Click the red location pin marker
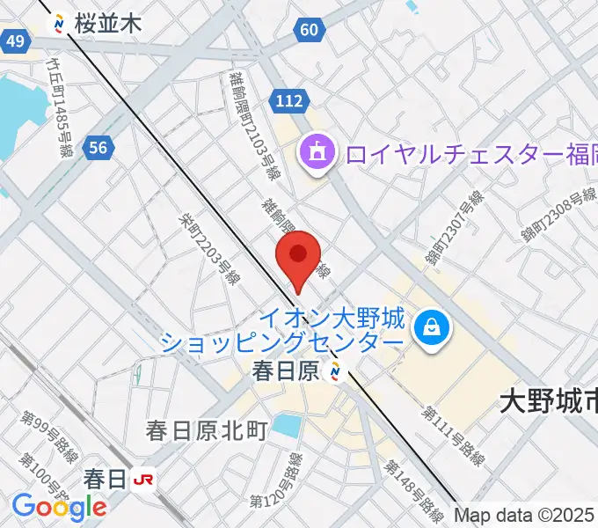(x=297, y=258)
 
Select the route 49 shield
(x=15, y=40)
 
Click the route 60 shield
(x=308, y=31)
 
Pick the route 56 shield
(x=98, y=148)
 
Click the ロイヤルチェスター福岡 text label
(x=471, y=155)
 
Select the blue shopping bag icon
(x=433, y=328)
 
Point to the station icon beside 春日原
(x=334, y=373)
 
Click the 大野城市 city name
(x=547, y=401)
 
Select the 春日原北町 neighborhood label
(x=207, y=431)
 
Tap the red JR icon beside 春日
(x=142, y=480)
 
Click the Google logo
(x=59, y=506)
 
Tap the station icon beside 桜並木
(x=59, y=24)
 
